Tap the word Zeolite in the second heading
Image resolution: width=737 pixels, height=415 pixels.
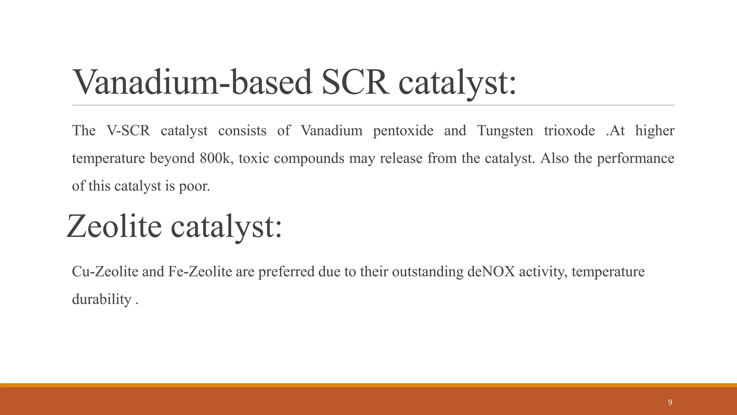[114, 226]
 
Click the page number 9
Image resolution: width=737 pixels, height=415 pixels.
[670, 402]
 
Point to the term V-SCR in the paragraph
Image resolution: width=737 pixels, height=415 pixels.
[128, 130]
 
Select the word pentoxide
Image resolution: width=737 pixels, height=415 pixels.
[403, 130]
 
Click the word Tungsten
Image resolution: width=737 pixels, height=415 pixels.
[505, 130]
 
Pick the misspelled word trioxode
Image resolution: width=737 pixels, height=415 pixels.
[569, 130]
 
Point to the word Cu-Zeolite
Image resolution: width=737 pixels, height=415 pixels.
[105, 271]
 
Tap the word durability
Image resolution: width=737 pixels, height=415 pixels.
[102, 299]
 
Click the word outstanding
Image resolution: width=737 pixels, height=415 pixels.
[428, 271]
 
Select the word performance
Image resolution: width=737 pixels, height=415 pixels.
[636, 158]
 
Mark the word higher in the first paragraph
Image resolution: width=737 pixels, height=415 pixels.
[655, 130]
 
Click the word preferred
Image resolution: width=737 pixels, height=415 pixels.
[286, 271]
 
